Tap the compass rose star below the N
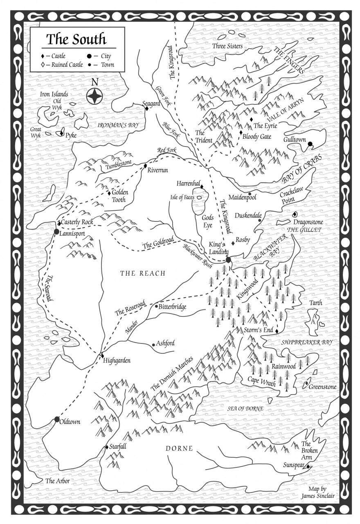95,96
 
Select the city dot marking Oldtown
57,419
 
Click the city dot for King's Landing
228,260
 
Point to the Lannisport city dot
56,232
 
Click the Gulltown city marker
310,144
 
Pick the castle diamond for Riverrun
145,166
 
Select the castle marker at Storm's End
277,331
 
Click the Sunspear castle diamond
308,465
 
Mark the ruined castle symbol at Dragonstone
294,215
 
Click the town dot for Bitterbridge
156,306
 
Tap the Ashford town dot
153,345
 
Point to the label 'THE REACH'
142,273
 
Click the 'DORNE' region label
179,449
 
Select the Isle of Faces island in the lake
200,198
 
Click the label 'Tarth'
316,303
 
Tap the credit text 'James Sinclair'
317,496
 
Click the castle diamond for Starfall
106,447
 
